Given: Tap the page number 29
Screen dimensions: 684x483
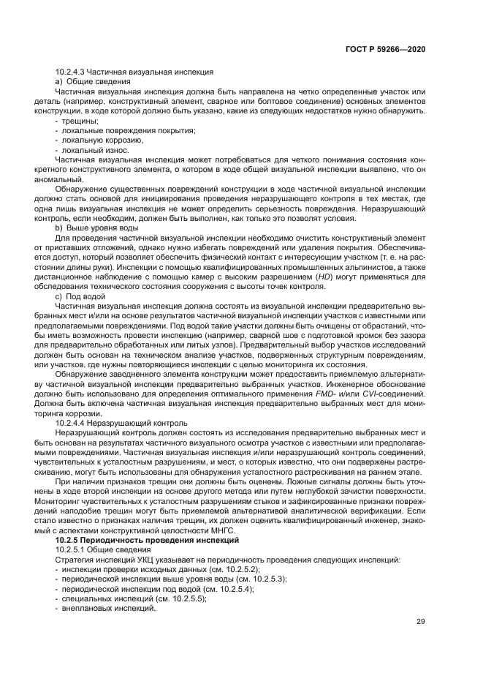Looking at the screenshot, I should [x=420, y=622].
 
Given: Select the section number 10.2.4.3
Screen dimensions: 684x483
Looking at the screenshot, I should [x=70, y=72].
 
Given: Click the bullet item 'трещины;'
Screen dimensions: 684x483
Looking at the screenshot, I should [x=80, y=120].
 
